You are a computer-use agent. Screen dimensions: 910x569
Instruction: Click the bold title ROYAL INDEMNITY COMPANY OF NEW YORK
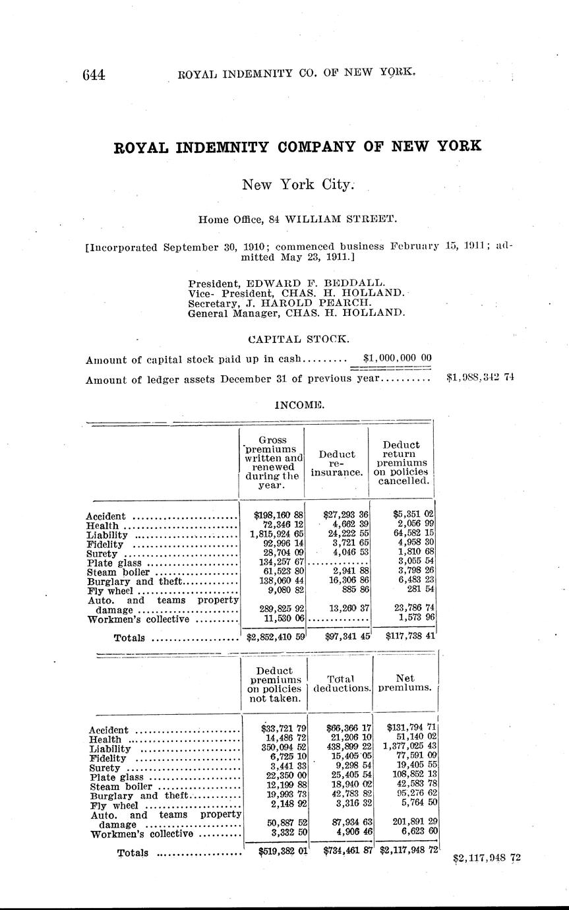click(x=298, y=146)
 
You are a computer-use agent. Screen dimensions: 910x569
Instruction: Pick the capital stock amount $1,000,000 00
click(x=398, y=358)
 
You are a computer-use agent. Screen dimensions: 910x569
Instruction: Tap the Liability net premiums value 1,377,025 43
click(x=411, y=748)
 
